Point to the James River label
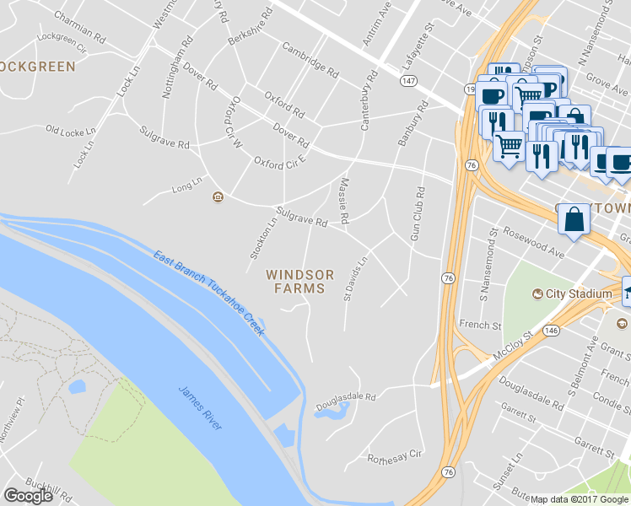tap(200, 408)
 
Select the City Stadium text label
tap(579, 293)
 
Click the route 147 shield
tap(408, 80)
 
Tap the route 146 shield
tap(552, 329)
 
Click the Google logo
tap(28, 496)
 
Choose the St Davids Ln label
tap(356, 279)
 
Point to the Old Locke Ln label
tap(73, 131)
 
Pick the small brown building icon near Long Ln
tap(218, 197)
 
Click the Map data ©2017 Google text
tap(579, 499)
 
